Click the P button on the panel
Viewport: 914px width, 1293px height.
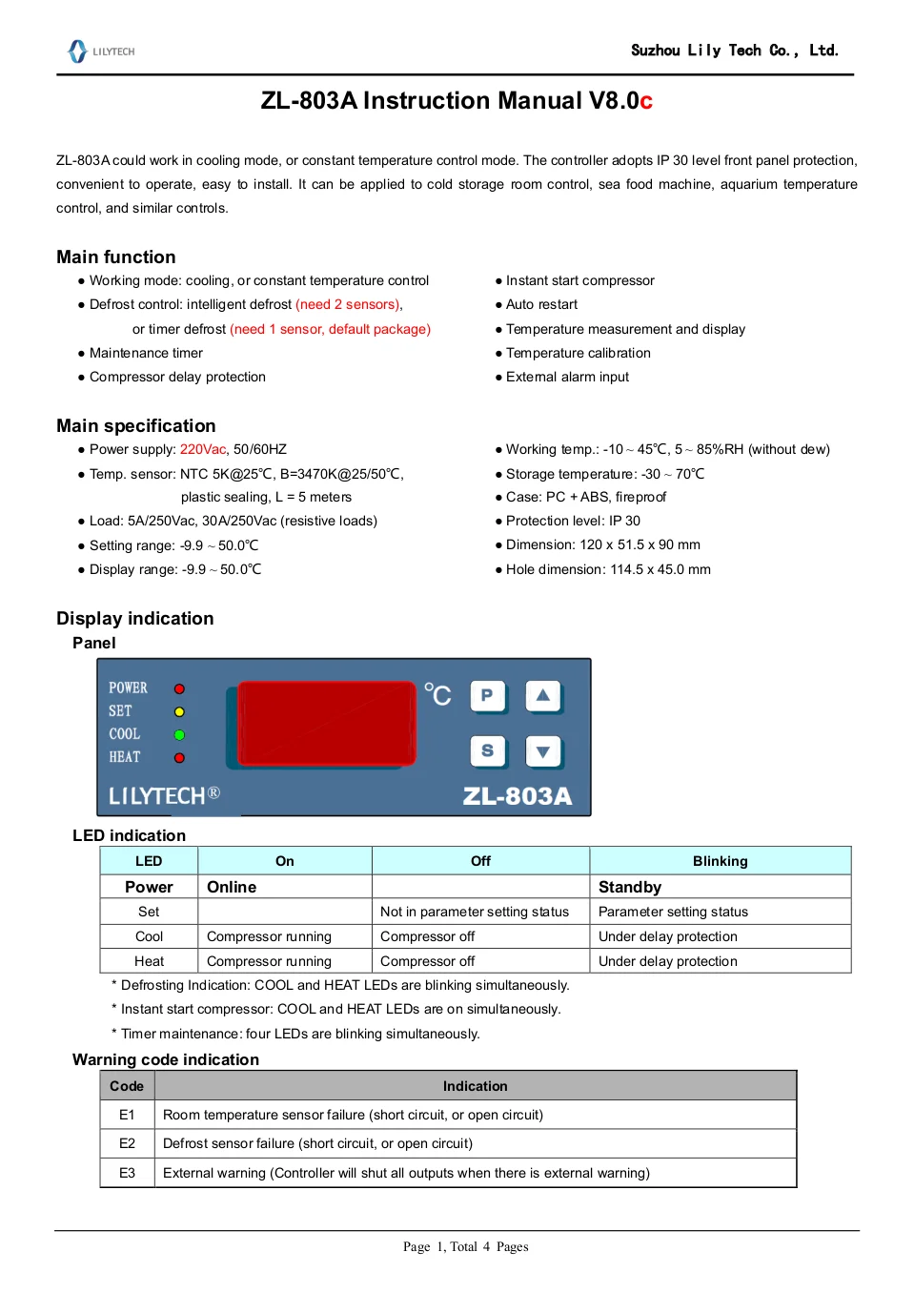[487, 695]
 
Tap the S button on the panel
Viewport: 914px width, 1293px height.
[487, 750]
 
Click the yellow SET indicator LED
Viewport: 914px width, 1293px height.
[179, 711]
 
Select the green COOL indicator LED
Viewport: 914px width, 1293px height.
[179, 735]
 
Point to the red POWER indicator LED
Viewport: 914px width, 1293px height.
[179, 688]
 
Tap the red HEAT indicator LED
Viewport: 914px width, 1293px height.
[179, 758]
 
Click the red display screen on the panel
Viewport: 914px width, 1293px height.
[326, 724]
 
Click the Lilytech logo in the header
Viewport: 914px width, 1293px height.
[101, 51]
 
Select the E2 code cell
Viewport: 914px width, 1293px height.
[127, 1143]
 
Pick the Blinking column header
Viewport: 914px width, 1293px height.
[720, 861]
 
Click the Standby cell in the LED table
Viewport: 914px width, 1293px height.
[630, 887]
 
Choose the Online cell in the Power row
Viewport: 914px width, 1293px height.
[232, 887]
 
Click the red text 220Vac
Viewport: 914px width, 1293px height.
[203, 449]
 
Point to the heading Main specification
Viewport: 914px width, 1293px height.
[136, 425]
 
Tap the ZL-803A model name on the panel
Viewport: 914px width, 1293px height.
[518, 796]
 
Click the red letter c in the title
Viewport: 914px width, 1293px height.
[646, 101]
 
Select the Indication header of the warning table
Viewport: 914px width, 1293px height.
[475, 1086]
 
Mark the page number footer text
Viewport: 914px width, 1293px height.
[465, 1246]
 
